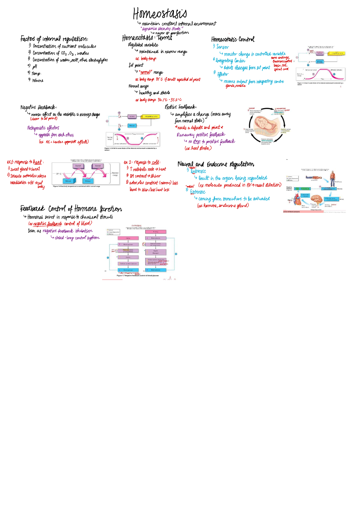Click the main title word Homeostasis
[160, 14]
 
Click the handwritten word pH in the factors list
[35, 67]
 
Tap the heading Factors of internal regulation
[54, 39]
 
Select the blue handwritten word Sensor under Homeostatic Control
[222, 47]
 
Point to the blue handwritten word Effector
[223, 74]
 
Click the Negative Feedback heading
[38, 107]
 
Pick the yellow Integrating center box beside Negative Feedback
[151, 116]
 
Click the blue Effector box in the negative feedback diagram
[132, 126]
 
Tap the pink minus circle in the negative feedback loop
[107, 121]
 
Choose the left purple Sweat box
[78, 166]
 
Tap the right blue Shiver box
[88, 181]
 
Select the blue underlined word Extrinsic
[198, 192]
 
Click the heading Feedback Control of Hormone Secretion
[71, 209]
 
